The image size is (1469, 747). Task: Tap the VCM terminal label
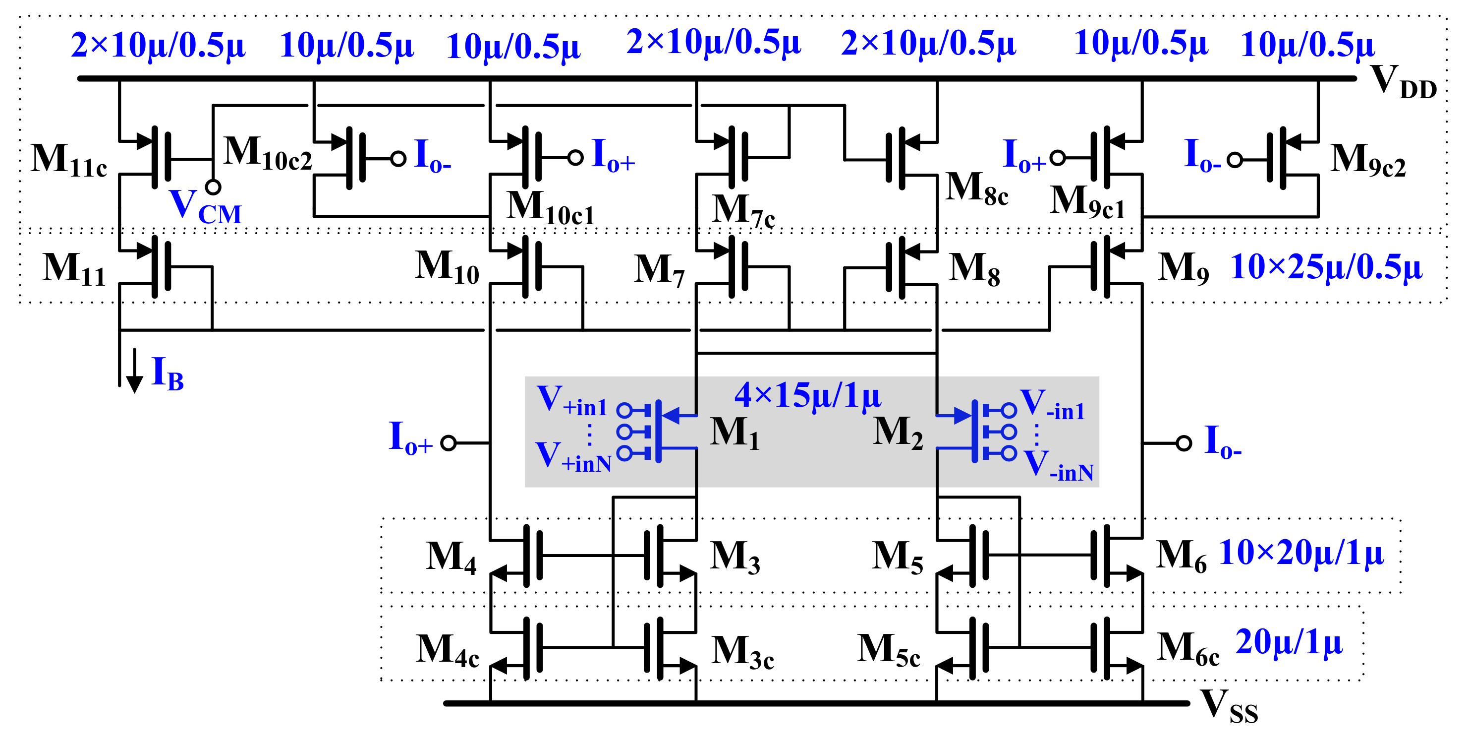click(205, 206)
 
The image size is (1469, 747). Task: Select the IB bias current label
click(167, 374)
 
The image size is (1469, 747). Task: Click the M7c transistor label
click(743, 211)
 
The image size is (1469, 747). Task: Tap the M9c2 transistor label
click(1367, 160)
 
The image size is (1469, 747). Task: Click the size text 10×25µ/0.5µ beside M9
click(1325, 267)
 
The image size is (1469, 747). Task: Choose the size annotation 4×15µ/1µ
click(807, 395)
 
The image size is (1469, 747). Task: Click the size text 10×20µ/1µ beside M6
click(1301, 553)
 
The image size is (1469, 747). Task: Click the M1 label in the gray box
click(734, 433)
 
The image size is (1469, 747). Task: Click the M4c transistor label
click(447, 651)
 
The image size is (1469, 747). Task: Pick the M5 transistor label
click(897, 557)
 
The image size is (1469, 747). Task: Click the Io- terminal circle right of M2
click(1184, 443)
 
